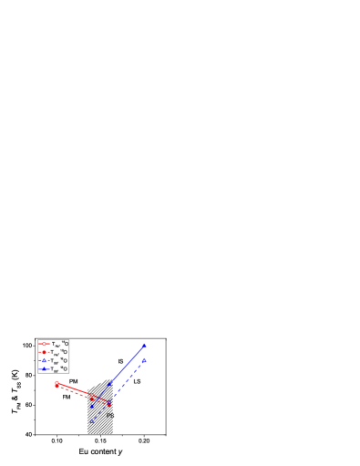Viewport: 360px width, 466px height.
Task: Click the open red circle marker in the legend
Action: click(43, 344)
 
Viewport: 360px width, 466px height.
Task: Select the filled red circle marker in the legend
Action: click(43, 352)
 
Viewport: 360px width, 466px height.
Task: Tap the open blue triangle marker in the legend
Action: click(43, 360)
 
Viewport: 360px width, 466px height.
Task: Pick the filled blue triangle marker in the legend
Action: click(43, 368)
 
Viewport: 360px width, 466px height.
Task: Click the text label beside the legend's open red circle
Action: click(59, 344)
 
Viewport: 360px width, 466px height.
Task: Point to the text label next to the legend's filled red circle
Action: click(59, 352)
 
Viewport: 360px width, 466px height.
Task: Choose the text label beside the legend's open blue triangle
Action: click(59, 360)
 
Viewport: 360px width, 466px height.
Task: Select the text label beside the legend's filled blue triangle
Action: click(59, 368)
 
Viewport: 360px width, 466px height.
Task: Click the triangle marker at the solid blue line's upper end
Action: click(145, 346)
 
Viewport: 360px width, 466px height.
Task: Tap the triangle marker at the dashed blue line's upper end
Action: click(144, 360)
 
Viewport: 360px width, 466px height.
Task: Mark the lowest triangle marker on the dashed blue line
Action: click(91, 421)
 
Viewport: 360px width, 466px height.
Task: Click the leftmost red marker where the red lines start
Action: click(57, 384)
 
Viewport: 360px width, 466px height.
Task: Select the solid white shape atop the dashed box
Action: click(98, 378)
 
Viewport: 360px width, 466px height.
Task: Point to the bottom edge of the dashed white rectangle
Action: click(100, 433)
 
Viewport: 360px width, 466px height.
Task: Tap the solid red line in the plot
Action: click(75, 389)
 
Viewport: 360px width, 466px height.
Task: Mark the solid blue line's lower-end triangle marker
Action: click(91, 407)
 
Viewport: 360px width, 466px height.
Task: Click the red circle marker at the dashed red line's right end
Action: click(110, 404)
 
